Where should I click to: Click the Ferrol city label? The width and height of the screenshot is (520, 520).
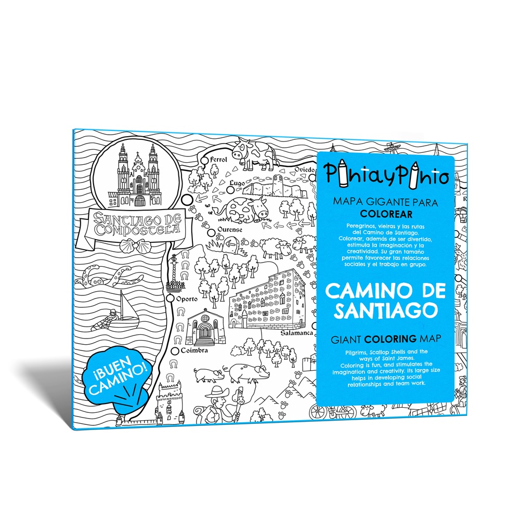pos(218,160)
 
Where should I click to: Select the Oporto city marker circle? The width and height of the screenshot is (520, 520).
pos(170,299)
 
